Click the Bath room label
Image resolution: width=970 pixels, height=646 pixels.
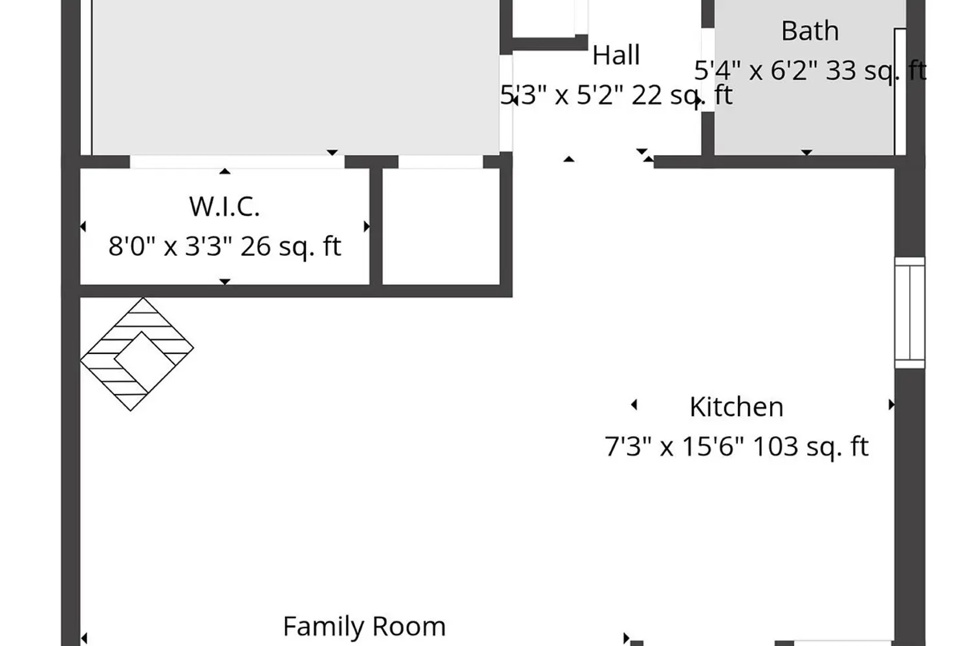point(810,31)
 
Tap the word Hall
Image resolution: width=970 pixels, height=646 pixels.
point(616,56)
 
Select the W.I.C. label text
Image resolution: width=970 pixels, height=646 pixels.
point(224,206)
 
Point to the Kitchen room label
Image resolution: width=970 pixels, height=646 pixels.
point(736,407)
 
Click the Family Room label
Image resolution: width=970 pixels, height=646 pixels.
point(364,626)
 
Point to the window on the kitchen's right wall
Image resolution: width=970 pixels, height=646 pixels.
point(910,313)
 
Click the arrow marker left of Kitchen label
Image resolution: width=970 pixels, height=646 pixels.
point(634,404)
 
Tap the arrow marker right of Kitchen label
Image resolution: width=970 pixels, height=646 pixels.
point(891,404)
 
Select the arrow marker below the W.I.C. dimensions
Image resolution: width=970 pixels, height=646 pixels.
point(224,282)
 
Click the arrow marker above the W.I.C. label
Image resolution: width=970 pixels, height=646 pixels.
point(224,171)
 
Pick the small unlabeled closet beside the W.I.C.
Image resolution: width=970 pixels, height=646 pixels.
point(441,226)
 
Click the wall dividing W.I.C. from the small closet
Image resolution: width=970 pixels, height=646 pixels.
point(376,226)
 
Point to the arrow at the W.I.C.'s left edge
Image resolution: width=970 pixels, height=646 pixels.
point(83,226)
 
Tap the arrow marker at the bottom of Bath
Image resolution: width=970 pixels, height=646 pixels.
point(806,152)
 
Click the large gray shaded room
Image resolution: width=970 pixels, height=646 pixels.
point(296,77)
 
